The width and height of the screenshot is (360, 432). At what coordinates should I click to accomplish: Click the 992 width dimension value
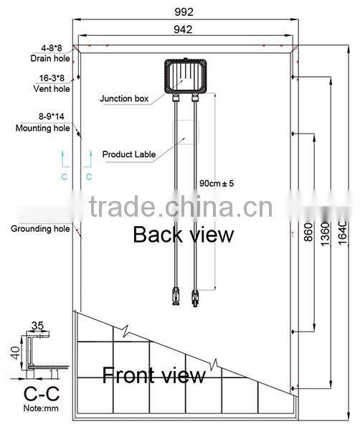pyautogui.click(x=184, y=12)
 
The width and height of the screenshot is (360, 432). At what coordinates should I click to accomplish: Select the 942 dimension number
pyautogui.click(x=183, y=29)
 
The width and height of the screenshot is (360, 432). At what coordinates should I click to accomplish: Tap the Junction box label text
pyautogui.click(x=124, y=98)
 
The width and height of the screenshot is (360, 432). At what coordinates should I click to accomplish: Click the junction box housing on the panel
pyautogui.click(x=186, y=76)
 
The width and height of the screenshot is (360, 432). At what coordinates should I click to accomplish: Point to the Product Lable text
pyautogui.click(x=129, y=154)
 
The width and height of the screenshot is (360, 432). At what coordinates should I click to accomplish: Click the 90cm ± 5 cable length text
pyautogui.click(x=217, y=183)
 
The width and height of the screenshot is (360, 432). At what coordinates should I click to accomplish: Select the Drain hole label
pyautogui.click(x=50, y=58)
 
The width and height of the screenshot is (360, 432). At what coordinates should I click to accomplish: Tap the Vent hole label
pyautogui.click(x=52, y=89)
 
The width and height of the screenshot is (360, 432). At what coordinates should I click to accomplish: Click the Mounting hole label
pyautogui.click(x=42, y=128)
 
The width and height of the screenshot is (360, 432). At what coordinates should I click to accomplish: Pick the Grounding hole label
pyautogui.click(x=40, y=229)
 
